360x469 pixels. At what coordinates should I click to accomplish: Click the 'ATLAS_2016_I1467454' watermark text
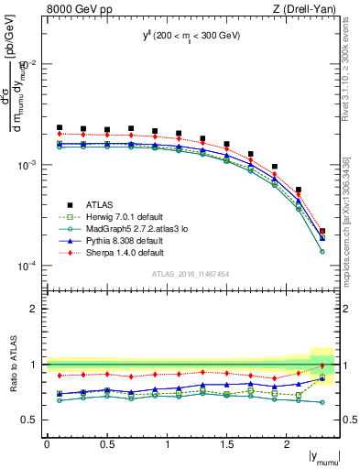191,274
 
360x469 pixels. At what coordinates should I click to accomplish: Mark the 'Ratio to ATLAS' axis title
12,365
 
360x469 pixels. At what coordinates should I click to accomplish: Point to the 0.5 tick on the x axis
107,443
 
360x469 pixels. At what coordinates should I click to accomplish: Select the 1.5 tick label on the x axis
227,443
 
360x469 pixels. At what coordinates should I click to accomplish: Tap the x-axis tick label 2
288,443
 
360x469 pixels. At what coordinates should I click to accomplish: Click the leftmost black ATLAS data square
60,128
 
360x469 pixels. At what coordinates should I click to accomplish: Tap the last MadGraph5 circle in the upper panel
322,251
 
